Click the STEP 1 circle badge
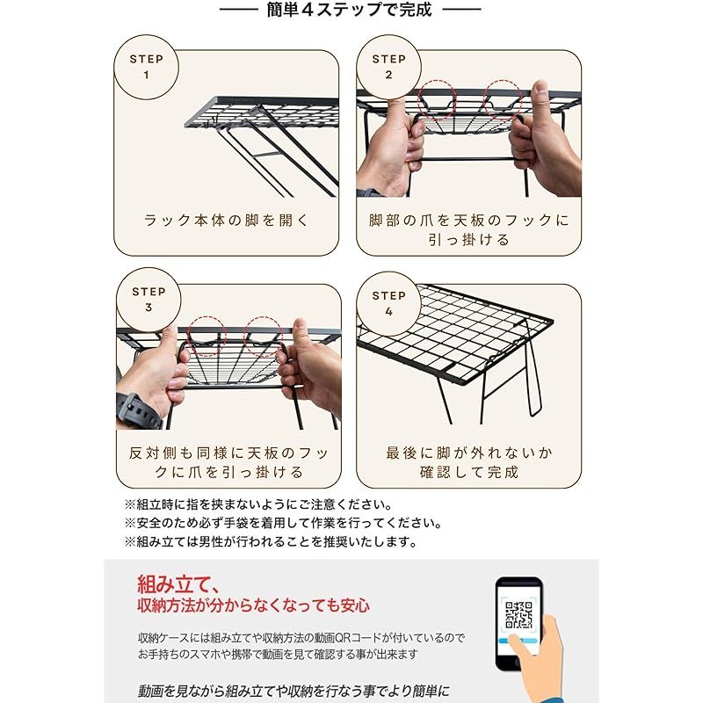146,67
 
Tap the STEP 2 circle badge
388,67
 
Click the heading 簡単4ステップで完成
349,11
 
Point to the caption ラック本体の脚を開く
227,220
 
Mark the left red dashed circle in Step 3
207,335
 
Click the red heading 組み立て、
180,583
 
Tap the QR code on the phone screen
518,612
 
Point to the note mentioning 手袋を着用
281,523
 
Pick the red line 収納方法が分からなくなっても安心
253,605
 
